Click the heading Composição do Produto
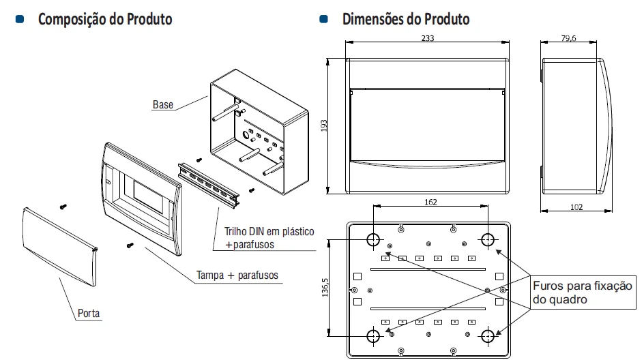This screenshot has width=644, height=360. pyautogui.click(x=105, y=19)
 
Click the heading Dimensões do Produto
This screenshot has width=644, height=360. pyautogui.click(x=405, y=19)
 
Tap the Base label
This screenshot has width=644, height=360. pyautogui.click(x=162, y=105)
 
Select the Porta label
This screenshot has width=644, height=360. pyautogui.click(x=89, y=314)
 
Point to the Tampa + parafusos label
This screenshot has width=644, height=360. pyautogui.click(x=237, y=275)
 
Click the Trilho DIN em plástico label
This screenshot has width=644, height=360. pyautogui.click(x=269, y=232)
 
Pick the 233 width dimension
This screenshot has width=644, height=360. pyautogui.click(x=427, y=39)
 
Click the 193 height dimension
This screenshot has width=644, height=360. pyautogui.click(x=324, y=127)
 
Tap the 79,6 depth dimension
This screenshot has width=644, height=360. pyautogui.click(x=568, y=39)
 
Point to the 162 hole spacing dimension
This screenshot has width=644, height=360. pyautogui.click(x=430, y=202)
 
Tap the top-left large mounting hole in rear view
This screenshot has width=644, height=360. pyautogui.click(x=373, y=240)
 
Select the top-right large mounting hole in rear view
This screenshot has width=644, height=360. pyautogui.click(x=488, y=240)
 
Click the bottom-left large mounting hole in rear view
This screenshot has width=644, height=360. pyautogui.click(x=373, y=336)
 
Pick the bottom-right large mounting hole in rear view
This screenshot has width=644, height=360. pyautogui.click(x=488, y=336)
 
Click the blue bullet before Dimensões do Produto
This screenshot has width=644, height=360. pyautogui.click(x=323, y=19)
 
